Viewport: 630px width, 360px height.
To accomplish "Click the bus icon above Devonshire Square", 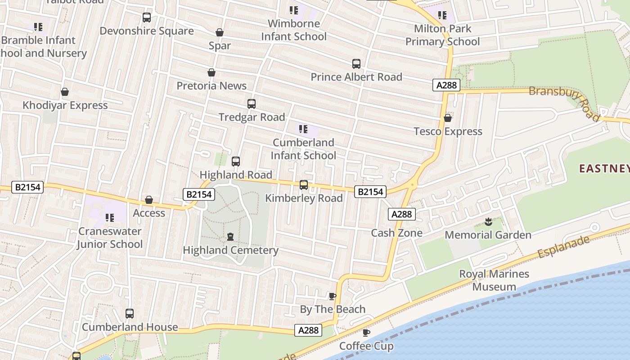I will pos(146,18).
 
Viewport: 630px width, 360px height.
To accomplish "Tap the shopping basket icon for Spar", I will pos(220,32).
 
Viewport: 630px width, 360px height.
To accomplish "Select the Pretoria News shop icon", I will pos(211,72).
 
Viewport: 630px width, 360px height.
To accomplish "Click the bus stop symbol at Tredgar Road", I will pos(252,104).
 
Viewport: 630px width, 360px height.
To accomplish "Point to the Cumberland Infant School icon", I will pos(303,130).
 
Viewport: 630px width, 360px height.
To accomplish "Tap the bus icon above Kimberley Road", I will pos(304,185).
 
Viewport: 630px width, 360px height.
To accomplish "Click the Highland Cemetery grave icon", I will pos(230,237).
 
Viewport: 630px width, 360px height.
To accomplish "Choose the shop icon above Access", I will pos(149,200).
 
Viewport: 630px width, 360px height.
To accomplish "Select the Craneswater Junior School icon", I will pos(109,218).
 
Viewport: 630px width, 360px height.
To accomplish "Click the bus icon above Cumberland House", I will pos(130,314).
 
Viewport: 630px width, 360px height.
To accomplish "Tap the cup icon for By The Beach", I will pos(333,296).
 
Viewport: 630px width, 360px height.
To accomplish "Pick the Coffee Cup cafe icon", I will pos(366,333).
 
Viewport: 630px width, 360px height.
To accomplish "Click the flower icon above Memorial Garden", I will pos(488,221).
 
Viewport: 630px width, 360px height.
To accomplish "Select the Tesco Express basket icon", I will pos(448,118).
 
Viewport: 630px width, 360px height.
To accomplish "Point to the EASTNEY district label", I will pos(604,169).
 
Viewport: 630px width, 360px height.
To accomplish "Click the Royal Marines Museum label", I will pos(494,280).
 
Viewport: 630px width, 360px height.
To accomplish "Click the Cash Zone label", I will pos(396,233).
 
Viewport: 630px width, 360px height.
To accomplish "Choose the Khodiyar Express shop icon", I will pos(65,92).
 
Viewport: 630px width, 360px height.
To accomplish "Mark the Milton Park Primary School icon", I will pos(442,16).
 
